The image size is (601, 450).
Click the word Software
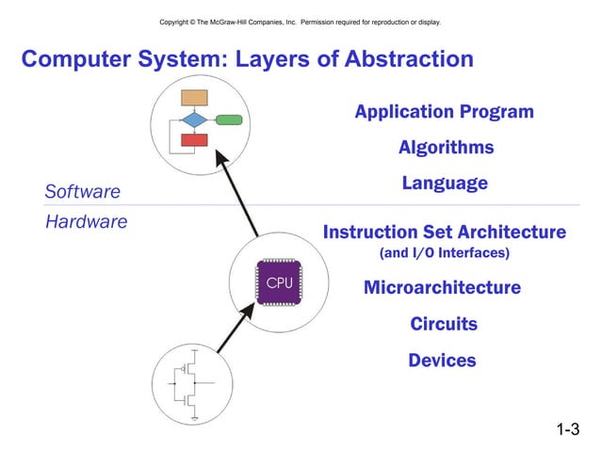(x=83, y=192)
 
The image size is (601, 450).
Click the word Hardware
(x=86, y=222)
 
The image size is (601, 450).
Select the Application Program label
(x=444, y=112)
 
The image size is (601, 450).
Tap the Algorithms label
(x=446, y=148)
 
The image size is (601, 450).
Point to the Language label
(x=445, y=183)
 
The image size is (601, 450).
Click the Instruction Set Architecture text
(x=444, y=232)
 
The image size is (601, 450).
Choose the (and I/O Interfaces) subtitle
(x=444, y=254)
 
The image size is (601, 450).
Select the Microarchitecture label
(x=442, y=287)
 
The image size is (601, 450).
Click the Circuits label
(x=444, y=324)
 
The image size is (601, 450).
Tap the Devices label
(x=442, y=360)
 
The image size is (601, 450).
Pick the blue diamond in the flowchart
(x=194, y=120)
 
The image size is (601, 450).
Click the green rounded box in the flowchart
(x=229, y=120)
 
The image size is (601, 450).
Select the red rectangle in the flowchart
(x=194, y=140)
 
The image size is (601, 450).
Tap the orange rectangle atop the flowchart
(x=194, y=97)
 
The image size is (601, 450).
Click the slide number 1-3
(x=567, y=430)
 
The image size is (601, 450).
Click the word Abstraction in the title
(x=398, y=60)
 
